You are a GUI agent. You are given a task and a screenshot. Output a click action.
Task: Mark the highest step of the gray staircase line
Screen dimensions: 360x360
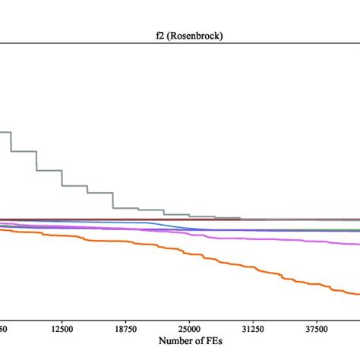tap(5, 133)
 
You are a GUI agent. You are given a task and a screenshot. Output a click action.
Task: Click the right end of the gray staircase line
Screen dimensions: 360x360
tap(240, 218)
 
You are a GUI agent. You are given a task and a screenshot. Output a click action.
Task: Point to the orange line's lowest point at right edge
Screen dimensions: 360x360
tap(358, 294)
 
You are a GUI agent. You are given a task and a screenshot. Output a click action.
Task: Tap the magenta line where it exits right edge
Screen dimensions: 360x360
tap(358, 244)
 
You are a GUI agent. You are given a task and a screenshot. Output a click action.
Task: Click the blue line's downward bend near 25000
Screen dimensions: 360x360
tap(182, 226)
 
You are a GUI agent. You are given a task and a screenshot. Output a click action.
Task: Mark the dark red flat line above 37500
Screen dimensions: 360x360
tap(316, 219)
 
